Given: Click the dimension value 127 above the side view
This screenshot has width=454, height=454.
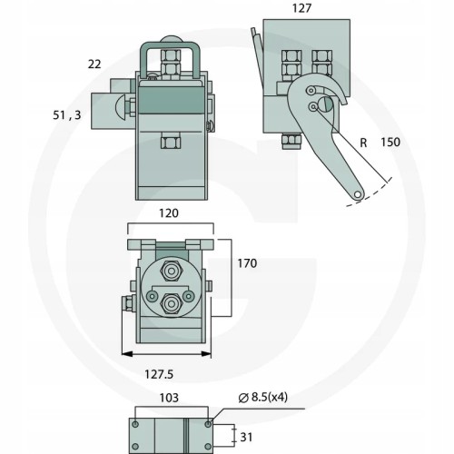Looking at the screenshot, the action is [301, 8].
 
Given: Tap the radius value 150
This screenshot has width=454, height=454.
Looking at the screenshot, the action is [390, 142].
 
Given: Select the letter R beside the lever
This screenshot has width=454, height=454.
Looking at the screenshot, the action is [363, 143].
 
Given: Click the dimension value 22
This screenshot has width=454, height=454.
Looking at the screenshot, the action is [94, 64].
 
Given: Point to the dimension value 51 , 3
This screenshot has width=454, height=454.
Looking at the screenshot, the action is [67, 115].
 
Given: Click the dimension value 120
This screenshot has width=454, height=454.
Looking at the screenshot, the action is [169, 213].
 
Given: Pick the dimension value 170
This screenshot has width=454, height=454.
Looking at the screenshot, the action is [247, 263].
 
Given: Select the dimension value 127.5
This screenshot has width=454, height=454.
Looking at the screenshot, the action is [159, 374].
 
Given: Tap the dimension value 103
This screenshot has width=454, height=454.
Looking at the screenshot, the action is [169, 398].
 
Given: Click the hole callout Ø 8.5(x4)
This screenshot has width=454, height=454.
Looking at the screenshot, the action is [262, 397].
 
